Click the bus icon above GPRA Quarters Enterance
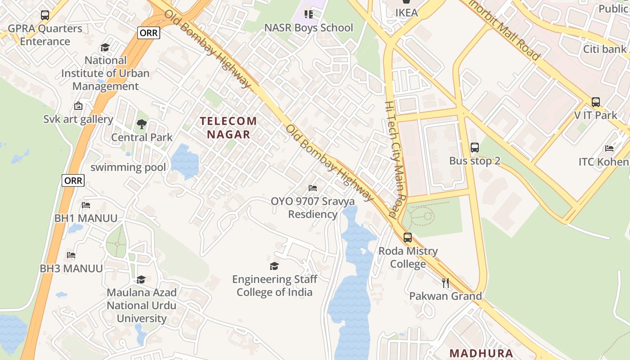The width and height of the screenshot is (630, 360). click(x=45, y=15)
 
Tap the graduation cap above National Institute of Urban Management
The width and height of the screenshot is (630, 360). click(x=105, y=47)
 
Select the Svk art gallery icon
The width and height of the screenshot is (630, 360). click(x=78, y=106)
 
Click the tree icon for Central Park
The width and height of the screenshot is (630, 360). click(x=142, y=124)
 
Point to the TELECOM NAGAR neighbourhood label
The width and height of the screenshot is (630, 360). click(x=228, y=127)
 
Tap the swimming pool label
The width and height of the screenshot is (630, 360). click(x=128, y=167)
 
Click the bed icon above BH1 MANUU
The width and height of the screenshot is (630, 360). click(x=86, y=205)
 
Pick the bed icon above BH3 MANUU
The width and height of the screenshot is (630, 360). click(x=71, y=255)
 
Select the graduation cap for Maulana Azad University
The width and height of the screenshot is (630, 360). click(x=141, y=279)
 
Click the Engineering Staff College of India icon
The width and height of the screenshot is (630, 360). click(x=274, y=266)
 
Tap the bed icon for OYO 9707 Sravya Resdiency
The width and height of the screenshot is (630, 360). click(x=313, y=188)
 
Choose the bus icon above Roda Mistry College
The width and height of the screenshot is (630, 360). click(x=408, y=238)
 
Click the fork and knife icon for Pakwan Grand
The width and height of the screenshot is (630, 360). click(x=445, y=283)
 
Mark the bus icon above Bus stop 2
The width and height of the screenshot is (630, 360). click(x=475, y=147)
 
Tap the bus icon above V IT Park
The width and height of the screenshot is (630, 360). click(x=596, y=102)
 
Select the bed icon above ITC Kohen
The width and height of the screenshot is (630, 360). click(x=609, y=148)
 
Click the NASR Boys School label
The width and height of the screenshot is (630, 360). click(x=308, y=28)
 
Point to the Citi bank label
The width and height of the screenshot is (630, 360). click(x=605, y=49)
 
